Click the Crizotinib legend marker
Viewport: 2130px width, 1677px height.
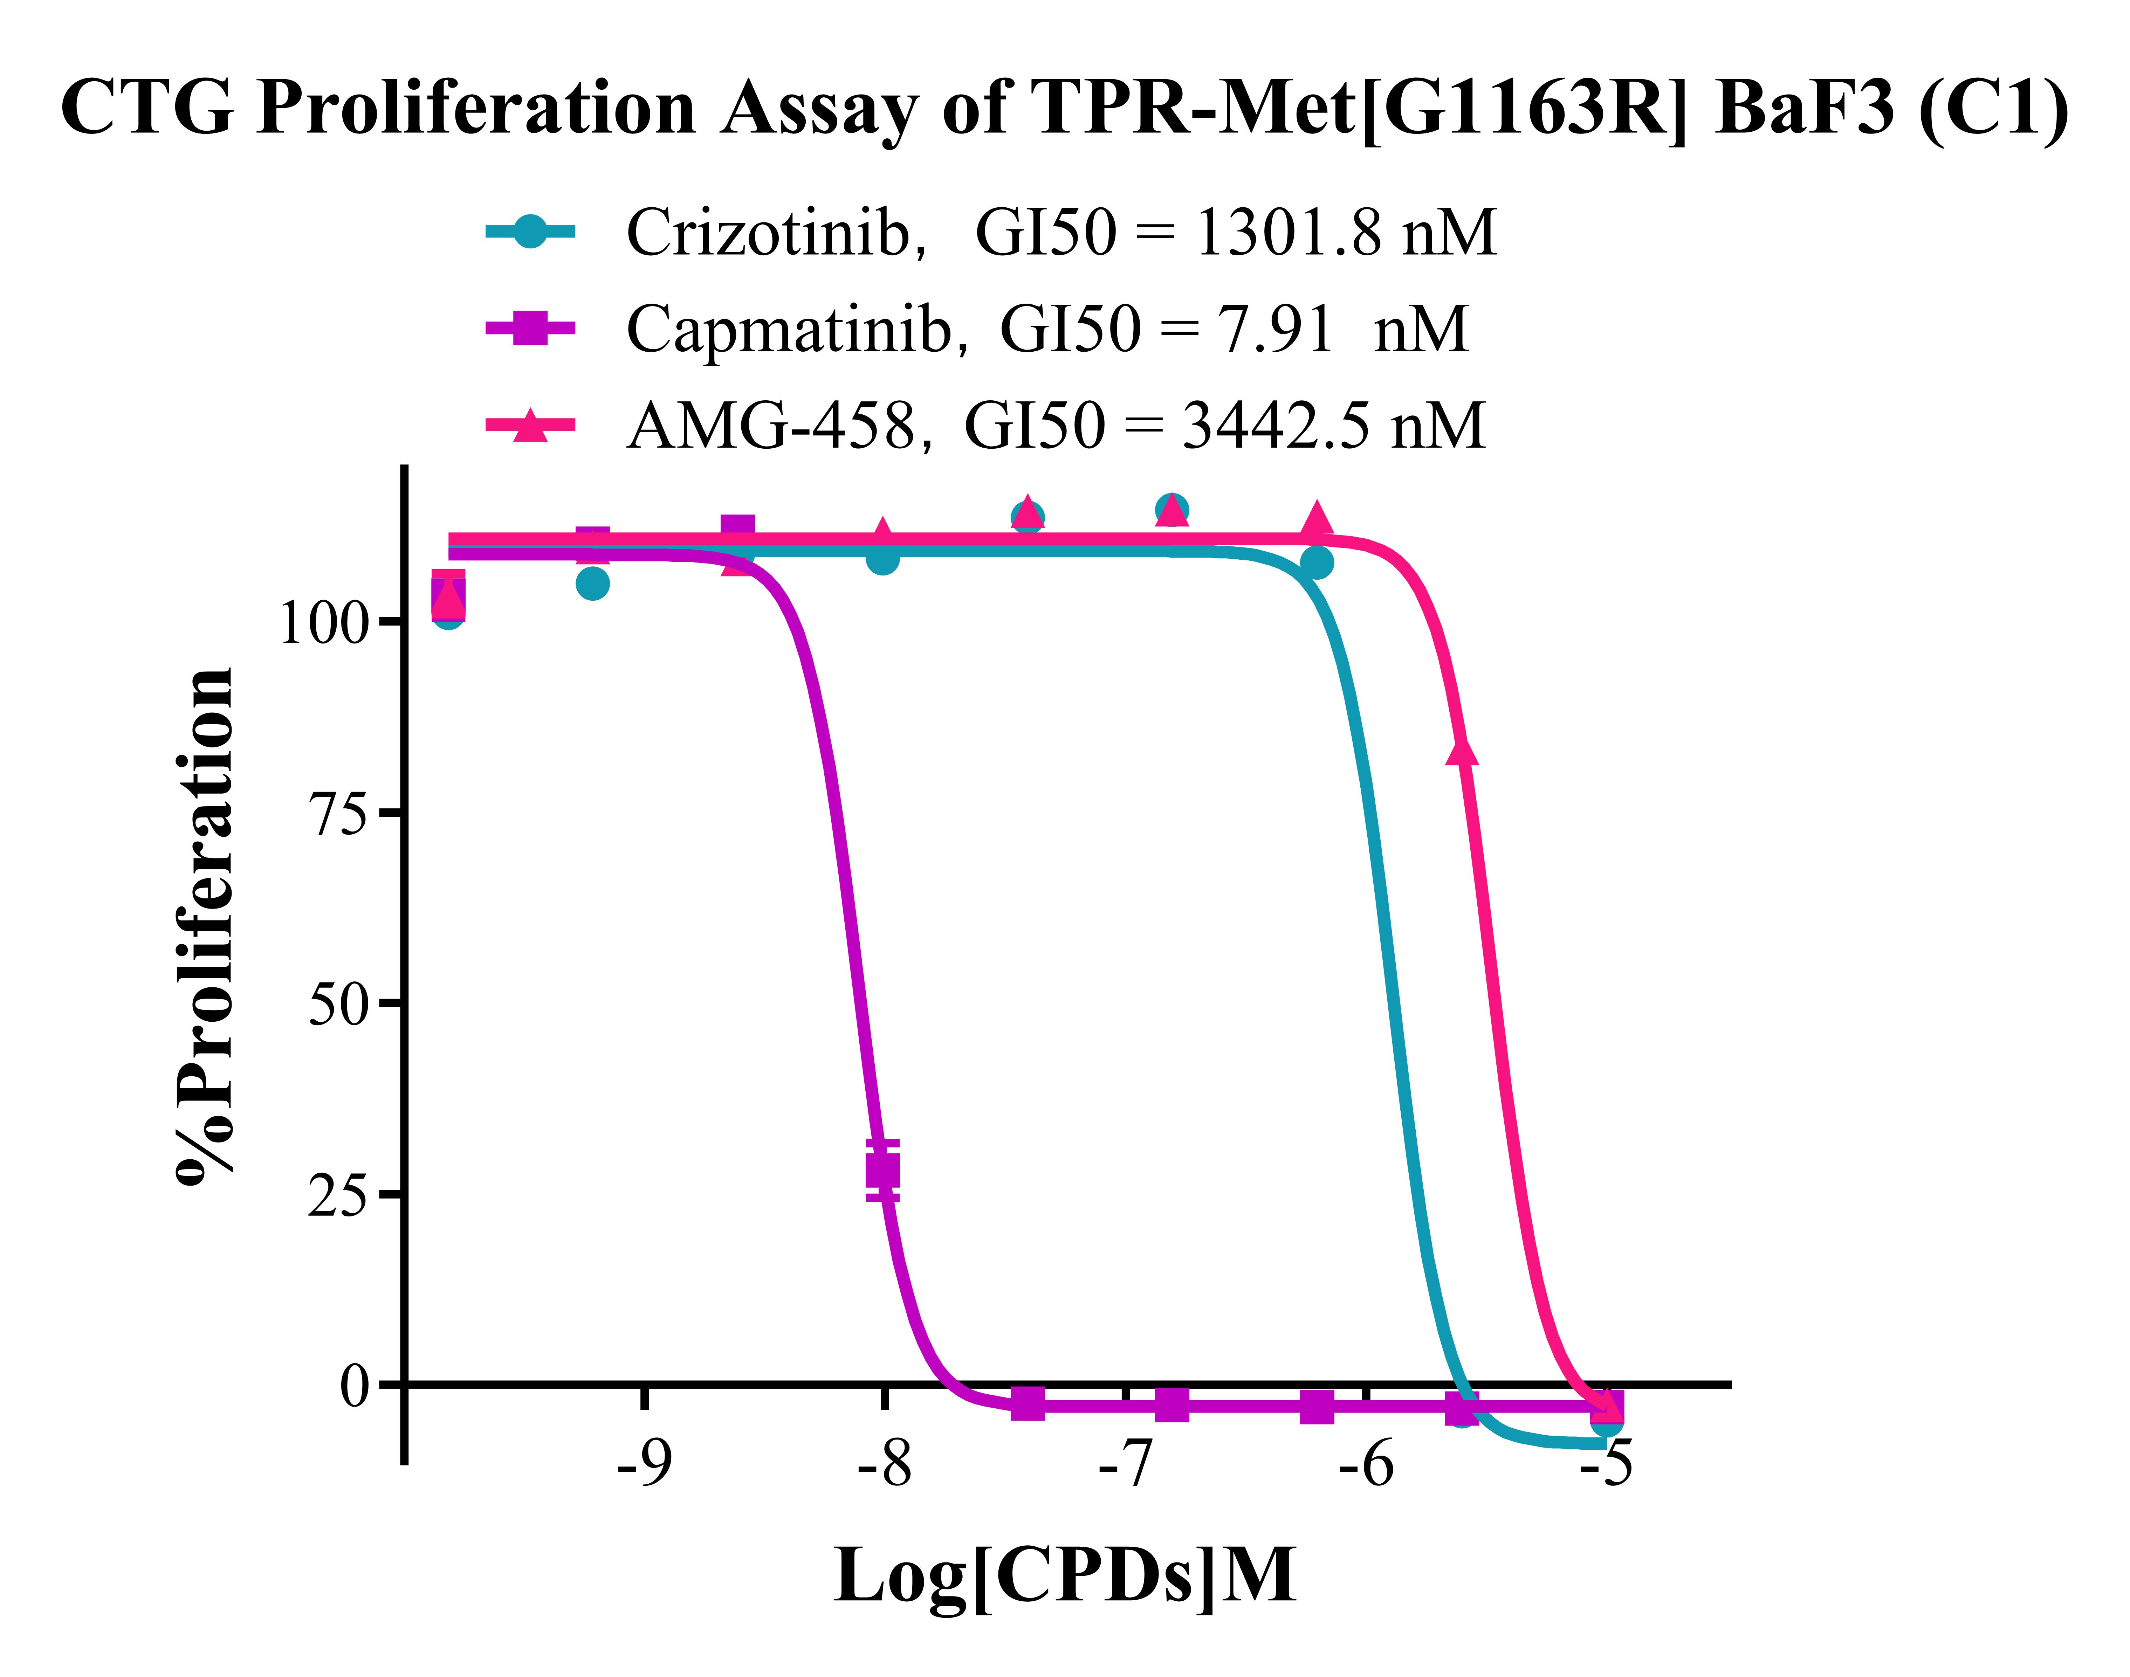tap(530, 233)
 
